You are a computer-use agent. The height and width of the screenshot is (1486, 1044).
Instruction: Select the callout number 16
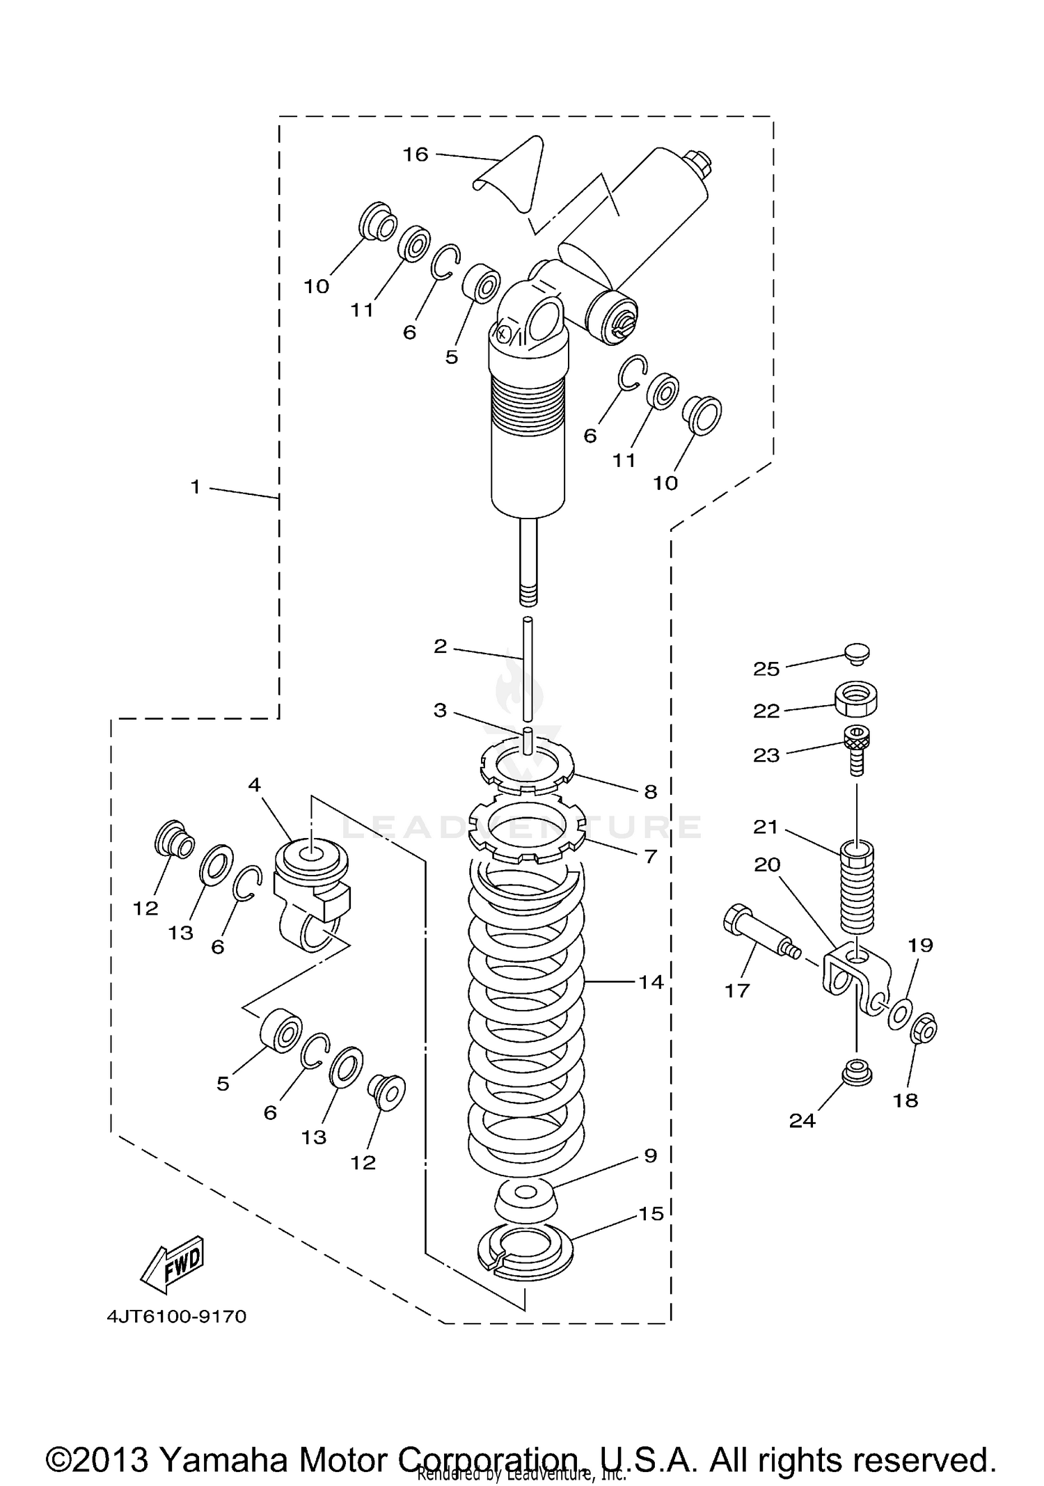point(416,155)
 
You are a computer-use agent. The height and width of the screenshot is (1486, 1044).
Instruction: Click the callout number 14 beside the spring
point(651,983)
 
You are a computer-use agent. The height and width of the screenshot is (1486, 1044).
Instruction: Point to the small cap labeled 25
point(856,652)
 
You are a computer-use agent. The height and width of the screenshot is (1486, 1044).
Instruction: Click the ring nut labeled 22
point(855,698)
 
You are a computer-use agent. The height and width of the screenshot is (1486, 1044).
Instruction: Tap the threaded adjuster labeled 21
point(857,887)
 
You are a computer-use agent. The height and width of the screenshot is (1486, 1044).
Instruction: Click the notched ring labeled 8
point(527,767)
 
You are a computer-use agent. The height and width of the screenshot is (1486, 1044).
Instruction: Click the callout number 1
point(196,487)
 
